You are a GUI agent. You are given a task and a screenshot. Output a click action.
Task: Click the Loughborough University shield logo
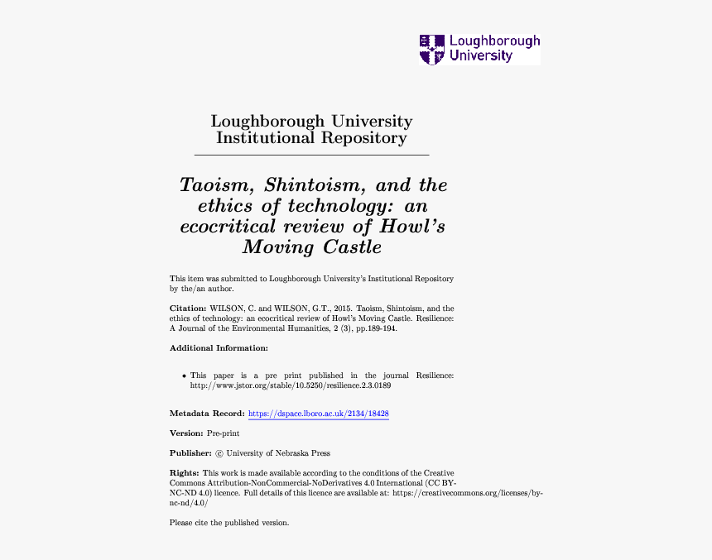point(431,49)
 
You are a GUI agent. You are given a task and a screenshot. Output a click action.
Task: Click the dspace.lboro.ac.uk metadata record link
point(319,414)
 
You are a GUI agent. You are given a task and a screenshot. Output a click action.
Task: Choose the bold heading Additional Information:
point(219,348)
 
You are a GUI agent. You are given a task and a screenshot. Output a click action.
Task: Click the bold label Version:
point(186,433)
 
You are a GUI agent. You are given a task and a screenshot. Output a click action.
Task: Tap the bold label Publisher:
point(190,453)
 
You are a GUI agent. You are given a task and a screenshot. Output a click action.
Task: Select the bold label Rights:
point(185,473)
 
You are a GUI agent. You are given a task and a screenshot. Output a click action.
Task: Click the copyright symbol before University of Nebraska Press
point(219,453)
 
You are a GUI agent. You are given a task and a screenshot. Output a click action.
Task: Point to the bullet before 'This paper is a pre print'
point(184,376)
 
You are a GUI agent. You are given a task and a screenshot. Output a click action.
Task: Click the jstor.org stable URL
point(290,385)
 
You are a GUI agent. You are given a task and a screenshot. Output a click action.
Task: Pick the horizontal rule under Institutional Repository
point(311,155)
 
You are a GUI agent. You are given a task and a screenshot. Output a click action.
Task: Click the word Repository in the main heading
point(363,138)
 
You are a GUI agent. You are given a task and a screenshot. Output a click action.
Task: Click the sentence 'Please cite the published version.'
point(229,523)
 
